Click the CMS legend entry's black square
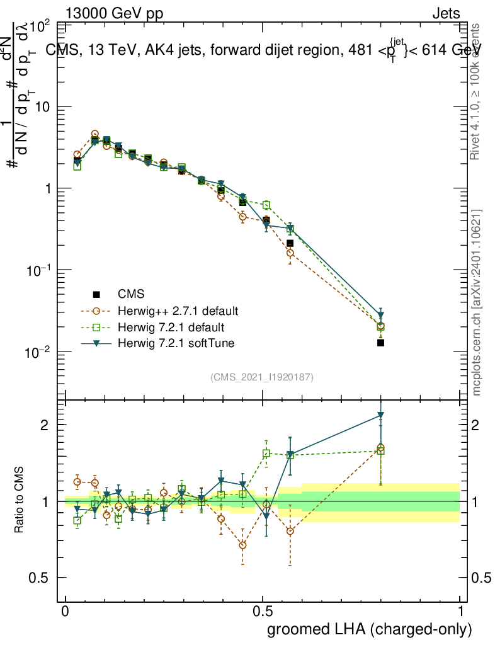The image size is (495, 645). [96, 294]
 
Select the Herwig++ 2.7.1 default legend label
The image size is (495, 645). [178, 311]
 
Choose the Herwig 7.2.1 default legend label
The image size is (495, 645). [171, 328]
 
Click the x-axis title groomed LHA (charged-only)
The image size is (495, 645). [370, 629]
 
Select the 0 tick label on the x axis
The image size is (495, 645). [65, 611]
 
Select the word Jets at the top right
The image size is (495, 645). [445, 14]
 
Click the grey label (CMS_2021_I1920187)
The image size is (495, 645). [262, 377]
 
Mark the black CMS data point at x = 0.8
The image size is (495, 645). [380, 343]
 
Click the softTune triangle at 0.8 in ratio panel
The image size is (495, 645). [380, 415]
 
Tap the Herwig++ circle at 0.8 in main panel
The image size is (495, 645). [380, 326]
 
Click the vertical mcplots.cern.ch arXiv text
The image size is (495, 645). [477, 302]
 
